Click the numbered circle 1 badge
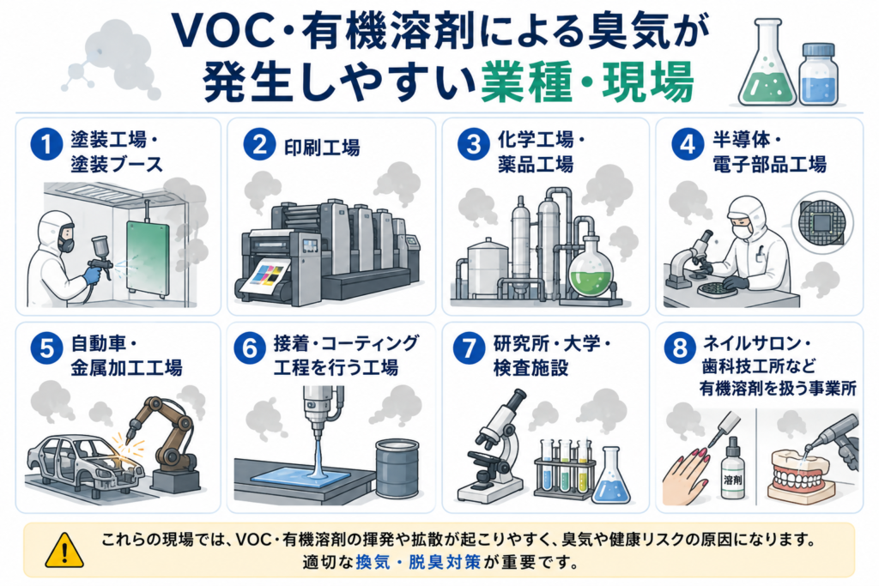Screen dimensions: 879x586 tap(46, 144)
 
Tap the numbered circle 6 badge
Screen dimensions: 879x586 tap(250, 347)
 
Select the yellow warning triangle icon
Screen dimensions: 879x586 tap(64, 550)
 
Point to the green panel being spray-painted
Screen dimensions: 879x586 tap(148, 257)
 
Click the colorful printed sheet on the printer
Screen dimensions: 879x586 tap(265, 277)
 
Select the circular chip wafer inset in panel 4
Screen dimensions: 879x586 tap(821, 222)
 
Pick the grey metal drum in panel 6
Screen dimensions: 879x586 tap(397, 468)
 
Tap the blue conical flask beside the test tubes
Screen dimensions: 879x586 tap(611, 476)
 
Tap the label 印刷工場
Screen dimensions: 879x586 tap(322, 147)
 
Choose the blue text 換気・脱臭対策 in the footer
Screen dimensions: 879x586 tap(418, 562)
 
